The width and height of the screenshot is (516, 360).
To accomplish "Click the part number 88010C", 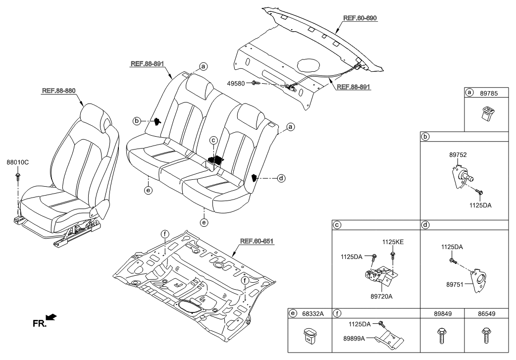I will (x=18, y=162).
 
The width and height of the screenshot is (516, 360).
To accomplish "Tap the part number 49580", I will (x=235, y=83).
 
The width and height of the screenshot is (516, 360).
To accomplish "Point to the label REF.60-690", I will (x=360, y=18).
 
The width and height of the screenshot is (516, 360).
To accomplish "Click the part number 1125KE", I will (x=392, y=242).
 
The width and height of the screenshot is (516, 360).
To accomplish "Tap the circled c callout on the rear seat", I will (x=213, y=140).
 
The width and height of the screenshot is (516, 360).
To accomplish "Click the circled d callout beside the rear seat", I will (x=281, y=178).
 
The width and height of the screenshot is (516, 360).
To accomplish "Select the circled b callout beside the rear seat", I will (x=137, y=120).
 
